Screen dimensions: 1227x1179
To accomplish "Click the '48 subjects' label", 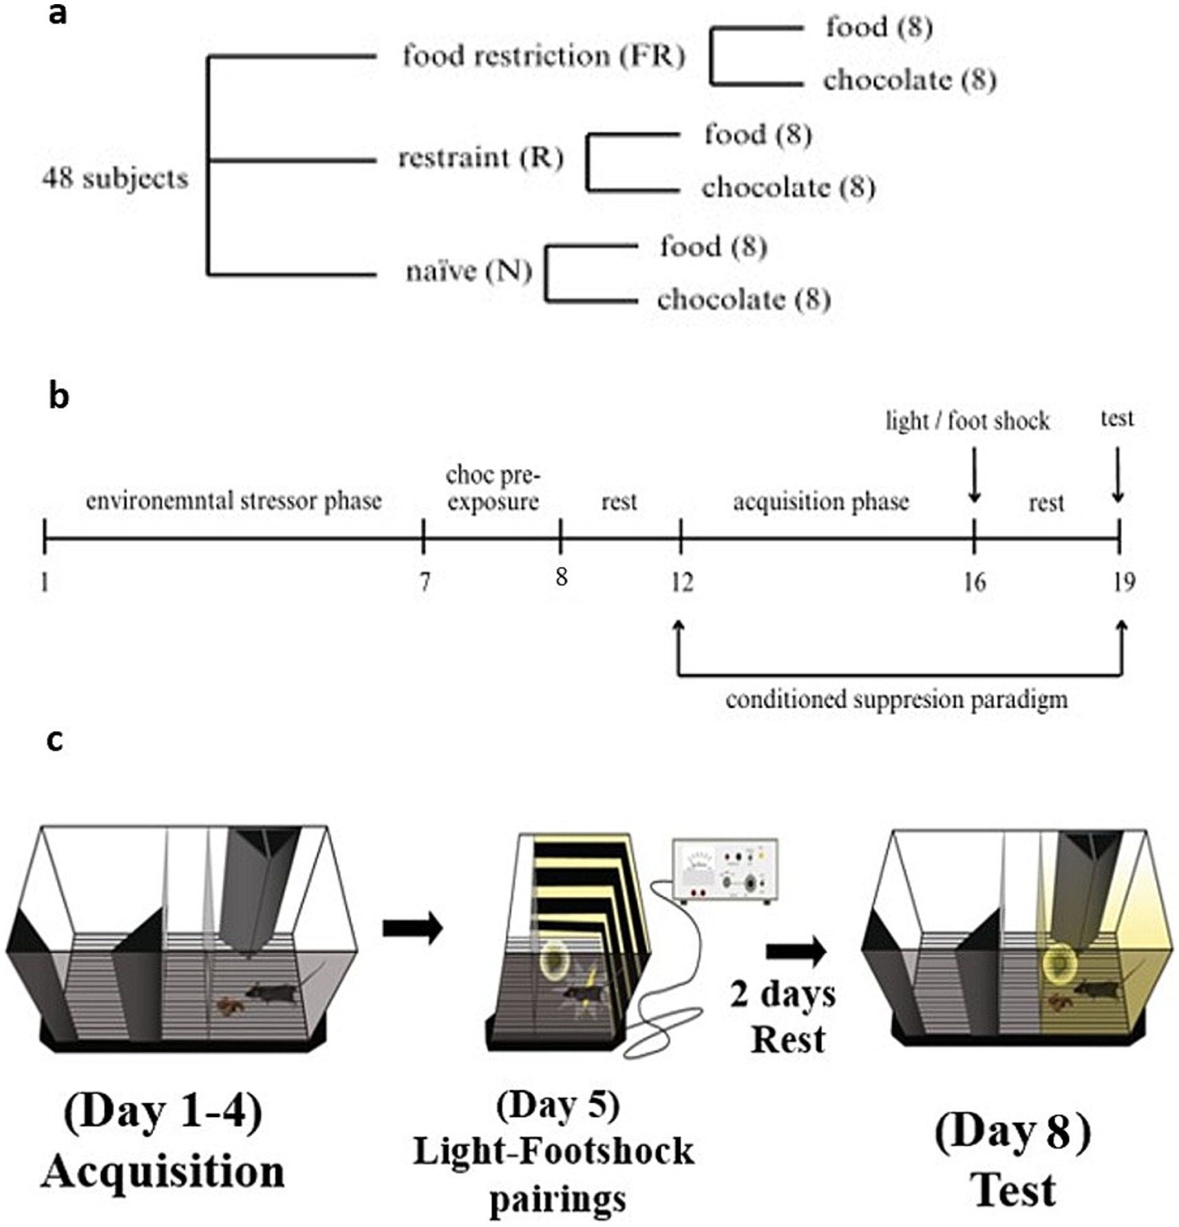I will point(115,179).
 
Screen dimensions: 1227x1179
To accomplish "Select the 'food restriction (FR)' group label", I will point(544,56).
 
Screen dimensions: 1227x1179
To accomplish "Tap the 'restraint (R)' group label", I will point(480,158).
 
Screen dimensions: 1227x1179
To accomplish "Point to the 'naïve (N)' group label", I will point(469,271).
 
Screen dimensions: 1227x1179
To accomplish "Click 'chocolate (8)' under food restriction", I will point(909,81).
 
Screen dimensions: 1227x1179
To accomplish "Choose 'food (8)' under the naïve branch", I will point(713,246).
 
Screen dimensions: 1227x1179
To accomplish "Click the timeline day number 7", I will point(425,582).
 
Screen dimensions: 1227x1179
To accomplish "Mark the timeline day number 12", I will point(682,583).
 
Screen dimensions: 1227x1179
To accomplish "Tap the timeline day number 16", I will point(974,583).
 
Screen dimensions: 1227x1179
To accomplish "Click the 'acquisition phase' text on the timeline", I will point(820,501).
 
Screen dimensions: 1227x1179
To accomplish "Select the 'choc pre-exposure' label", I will point(493,488).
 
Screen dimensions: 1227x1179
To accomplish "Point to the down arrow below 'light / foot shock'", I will point(974,475).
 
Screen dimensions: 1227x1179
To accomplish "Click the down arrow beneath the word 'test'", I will point(1118,475).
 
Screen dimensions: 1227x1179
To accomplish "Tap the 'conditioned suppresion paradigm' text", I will point(896,700).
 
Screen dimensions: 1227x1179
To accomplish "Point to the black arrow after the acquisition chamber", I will point(412,928).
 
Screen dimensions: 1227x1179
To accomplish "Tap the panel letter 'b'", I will point(59,396).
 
